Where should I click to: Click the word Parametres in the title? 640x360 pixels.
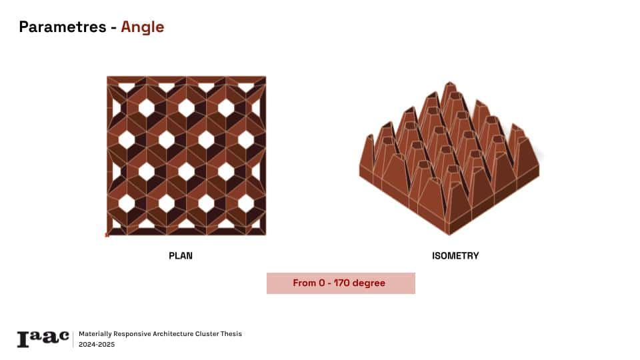click(x=63, y=27)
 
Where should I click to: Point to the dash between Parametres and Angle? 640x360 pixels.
click(x=113, y=28)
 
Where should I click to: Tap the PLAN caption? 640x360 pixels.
click(x=181, y=256)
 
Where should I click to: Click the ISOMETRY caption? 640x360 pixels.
click(x=455, y=256)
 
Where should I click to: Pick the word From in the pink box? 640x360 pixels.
click(x=304, y=283)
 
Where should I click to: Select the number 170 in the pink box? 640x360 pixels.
click(x=341, y=283)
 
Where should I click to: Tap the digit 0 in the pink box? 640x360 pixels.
click(x=322, y=283)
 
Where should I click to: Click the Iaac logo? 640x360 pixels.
click(x=43, y=339)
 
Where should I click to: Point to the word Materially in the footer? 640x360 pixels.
click(x=95, y=334)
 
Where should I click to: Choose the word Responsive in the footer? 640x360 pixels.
click(x=132, y=334)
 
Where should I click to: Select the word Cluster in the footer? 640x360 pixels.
click(x=207, y=334)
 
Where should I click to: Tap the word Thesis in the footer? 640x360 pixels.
click(x=231, y=334)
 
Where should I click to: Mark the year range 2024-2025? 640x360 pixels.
click(x=97, y=345)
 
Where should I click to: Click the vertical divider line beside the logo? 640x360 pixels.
click(x=73, y=339)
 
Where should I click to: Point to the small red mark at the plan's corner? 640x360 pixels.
click(x=107, y=235)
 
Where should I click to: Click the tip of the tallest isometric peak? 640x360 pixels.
click(x=449, y=82)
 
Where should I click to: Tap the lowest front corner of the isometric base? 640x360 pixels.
click(x=449, y=235)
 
